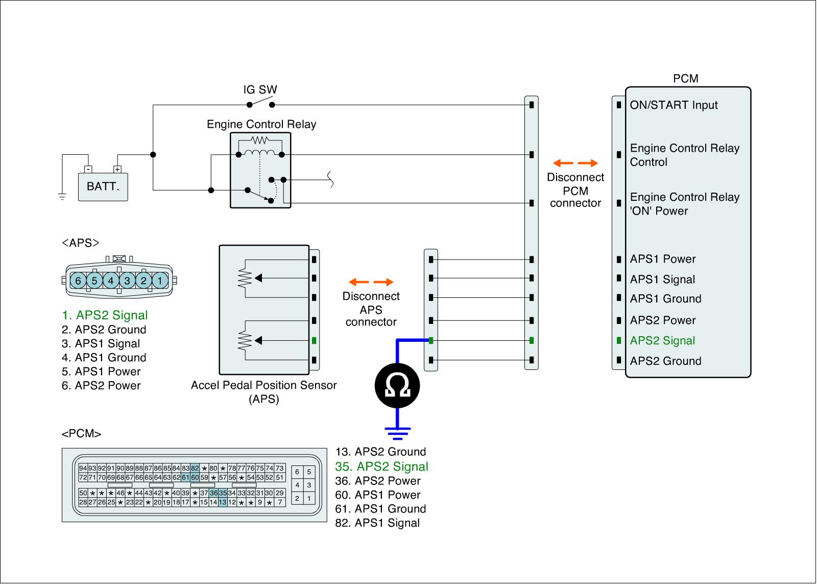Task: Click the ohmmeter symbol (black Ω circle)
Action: (397, 385)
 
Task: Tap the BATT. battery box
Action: (103, 186)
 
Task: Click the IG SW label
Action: (260, 90)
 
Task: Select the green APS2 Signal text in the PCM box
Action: (662, 341)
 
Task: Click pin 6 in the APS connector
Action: (78, 281)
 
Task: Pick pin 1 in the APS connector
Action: (160, 281)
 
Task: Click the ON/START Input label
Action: (674, 105)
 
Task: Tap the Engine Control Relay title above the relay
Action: (261, 124)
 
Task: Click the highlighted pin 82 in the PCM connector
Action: (195, 468)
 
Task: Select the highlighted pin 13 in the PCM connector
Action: (223, 502)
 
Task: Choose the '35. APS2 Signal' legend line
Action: (381, 466)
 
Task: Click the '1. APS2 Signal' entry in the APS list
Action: (105, 315)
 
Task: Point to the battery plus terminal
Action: (117, 169)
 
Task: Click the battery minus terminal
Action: (88, 169)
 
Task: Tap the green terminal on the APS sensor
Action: (314, 341)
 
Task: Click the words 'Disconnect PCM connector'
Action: (575, 190)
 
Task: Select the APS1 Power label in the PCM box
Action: (663, 259)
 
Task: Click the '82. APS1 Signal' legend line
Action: (377, 523)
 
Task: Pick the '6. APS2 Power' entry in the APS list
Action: (101, 385)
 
